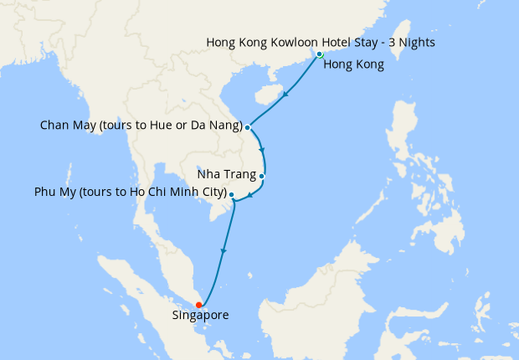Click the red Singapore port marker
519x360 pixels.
point(198,305)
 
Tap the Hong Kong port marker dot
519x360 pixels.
point(320,54)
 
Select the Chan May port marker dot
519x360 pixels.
point(248,127)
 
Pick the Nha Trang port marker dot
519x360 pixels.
point(262,176)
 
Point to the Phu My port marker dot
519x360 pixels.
point(231,194)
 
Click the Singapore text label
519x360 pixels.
point(200,316)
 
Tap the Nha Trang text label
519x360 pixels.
point(226,176)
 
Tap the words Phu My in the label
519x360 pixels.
point(54,193)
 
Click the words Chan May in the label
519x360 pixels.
point(65,126)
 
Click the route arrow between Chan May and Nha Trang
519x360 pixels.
point(263,157)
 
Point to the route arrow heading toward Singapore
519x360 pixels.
point(224,249)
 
